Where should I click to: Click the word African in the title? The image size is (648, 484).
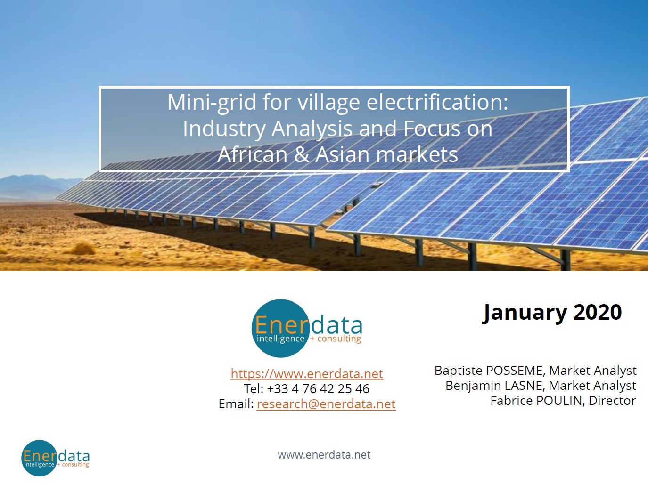(x=252, y=154)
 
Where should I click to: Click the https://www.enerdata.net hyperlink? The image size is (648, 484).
(x=307, y=374)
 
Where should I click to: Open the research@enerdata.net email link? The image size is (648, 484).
(x=326, y=404)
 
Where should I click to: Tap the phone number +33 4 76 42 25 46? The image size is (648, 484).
(x=318, y=389)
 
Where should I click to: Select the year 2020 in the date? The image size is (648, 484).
(x=598, y=313)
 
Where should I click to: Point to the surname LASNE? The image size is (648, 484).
(x=523, y=386)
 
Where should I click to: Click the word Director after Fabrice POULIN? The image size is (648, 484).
(x=612, y=401)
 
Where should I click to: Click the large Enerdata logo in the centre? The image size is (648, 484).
(x=307, y=329)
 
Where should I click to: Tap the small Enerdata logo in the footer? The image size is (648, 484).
(x=55, y=458)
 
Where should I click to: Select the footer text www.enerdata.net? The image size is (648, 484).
(x=324, y=455)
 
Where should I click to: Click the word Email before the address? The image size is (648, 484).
(x=236, y=404)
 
